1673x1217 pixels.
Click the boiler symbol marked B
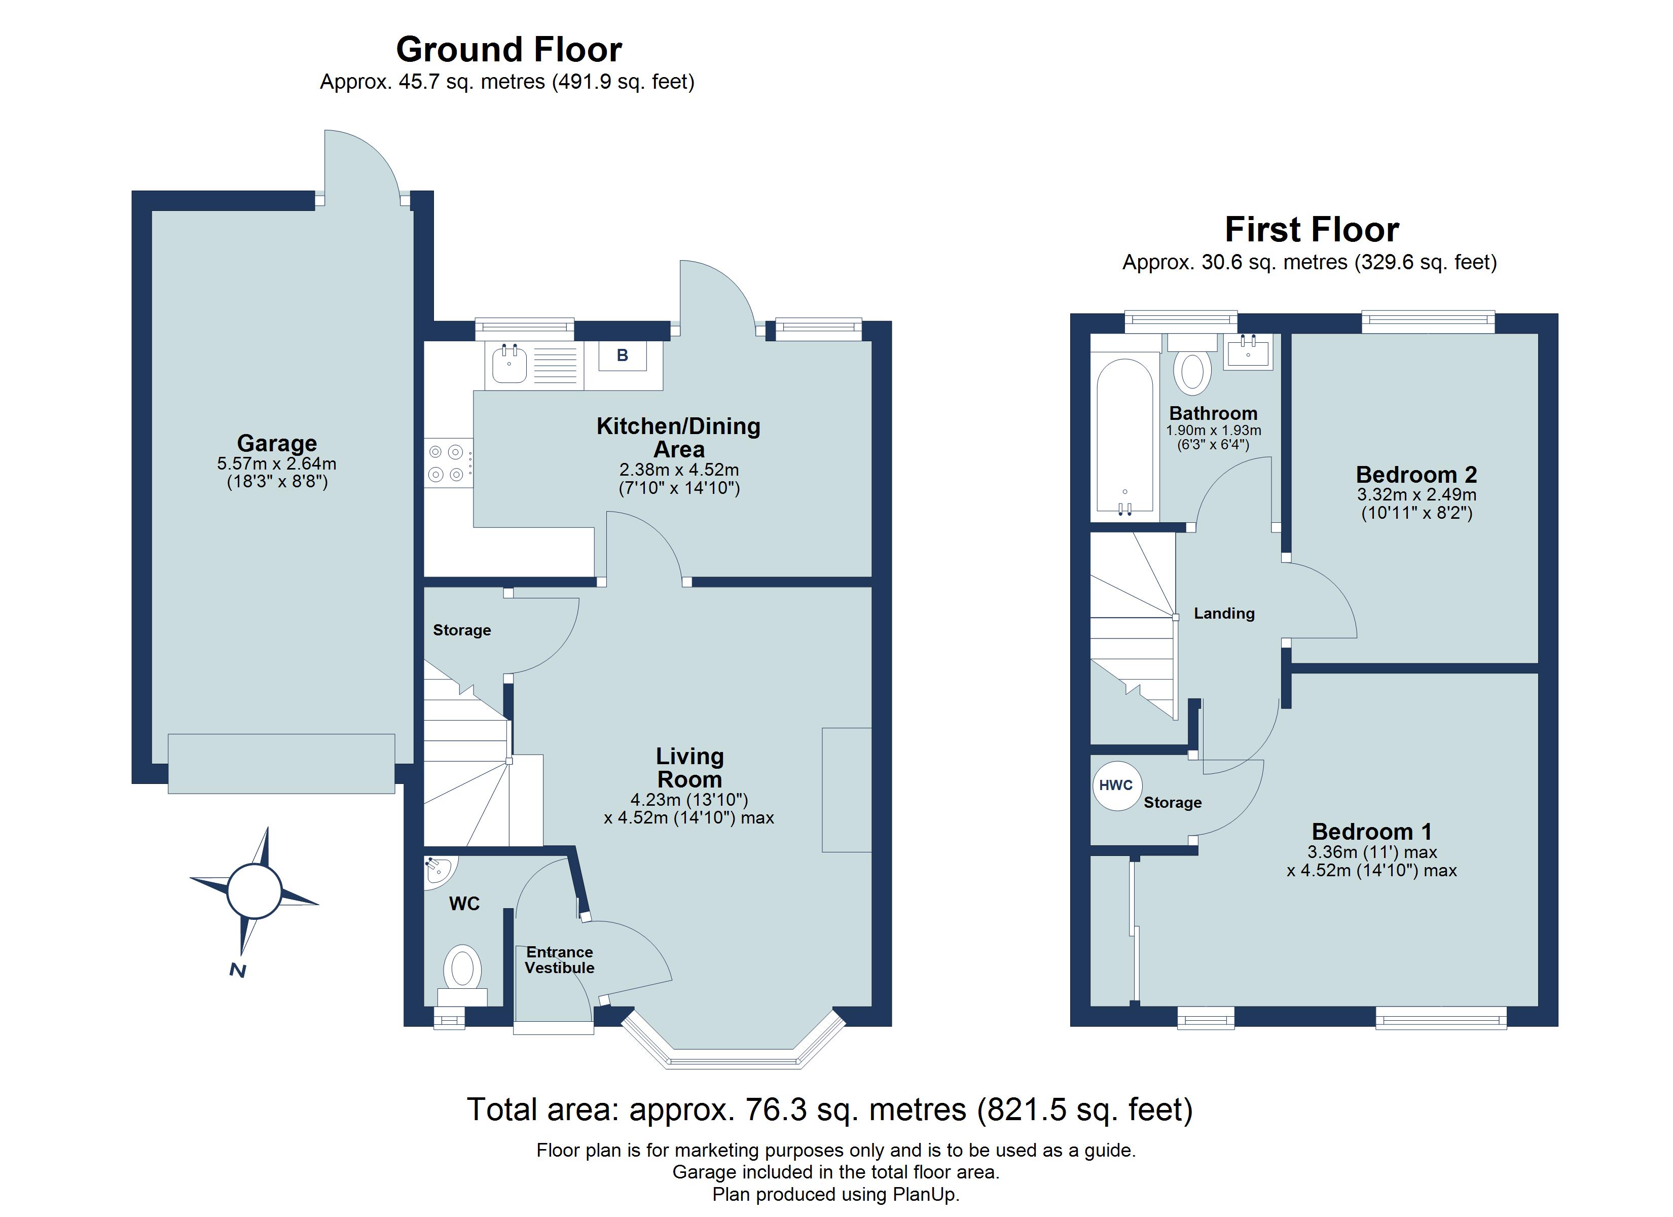tap(622, 356)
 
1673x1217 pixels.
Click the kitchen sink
tap(509, 365)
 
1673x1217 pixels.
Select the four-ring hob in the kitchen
tap(447, 463)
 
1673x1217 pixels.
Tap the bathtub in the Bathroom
tap(1124, 436)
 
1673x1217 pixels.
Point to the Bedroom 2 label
tap(1416, 475)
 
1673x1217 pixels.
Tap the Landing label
tap(1224, 613)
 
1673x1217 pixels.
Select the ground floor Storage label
tap(462, 630)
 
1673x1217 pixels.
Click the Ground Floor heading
tap(509, 50)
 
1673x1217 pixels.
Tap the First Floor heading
tap(1312, 230)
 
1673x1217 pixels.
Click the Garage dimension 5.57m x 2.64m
tap(277, 464)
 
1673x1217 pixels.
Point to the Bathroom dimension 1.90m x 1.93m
tap(1214, 431)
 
